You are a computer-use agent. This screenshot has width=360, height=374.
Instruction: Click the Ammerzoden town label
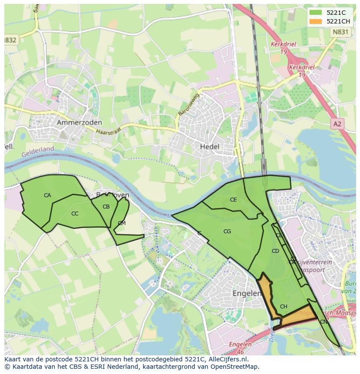(79, 123)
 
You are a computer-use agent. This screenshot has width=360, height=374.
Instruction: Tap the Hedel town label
(210, 147)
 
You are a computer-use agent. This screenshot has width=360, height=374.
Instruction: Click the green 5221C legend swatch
(316, 13)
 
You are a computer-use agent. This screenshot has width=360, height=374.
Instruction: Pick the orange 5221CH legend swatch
(316, 21)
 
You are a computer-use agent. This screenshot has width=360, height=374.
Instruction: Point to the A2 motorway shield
(337, 124)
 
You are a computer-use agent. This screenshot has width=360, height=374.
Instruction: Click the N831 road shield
(340, 32)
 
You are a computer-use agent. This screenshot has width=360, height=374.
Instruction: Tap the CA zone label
(47, 195)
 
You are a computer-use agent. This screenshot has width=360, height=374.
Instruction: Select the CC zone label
(75, 213)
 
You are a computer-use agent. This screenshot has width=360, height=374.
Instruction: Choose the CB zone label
(106, 207)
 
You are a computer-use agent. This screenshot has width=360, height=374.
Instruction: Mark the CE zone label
(233, 200)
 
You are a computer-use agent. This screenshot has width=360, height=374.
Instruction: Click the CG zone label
(227, 232)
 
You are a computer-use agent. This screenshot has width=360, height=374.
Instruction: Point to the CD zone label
(275, 251)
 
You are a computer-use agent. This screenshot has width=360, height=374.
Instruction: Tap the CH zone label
(283, 307)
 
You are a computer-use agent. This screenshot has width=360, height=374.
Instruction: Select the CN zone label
(323, 322)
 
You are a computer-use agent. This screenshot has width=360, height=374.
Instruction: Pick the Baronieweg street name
(188, 104)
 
